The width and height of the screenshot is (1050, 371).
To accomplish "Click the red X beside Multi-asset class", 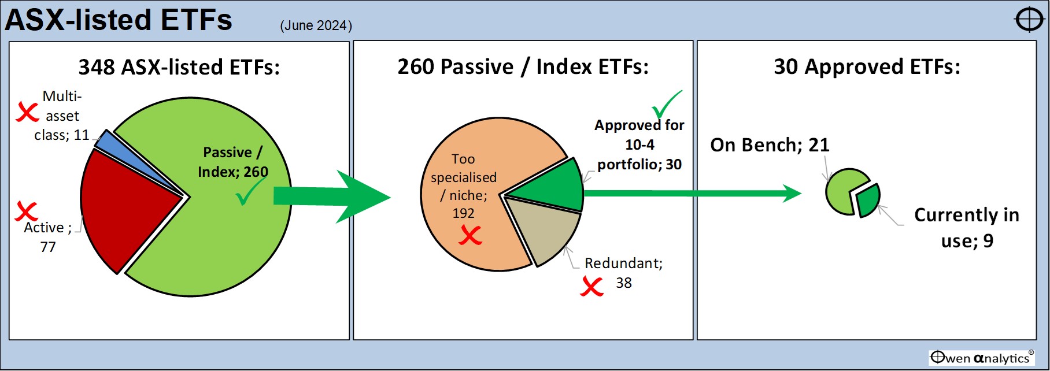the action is (x=27, y=112).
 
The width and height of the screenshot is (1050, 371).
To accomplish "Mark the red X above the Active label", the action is (x=26, y=211).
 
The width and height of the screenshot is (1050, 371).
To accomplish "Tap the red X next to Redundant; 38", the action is (x=591, y=286).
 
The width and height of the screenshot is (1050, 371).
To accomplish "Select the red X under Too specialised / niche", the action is (x=470, y=235).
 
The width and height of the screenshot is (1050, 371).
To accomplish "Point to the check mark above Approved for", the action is (x=667, y=105).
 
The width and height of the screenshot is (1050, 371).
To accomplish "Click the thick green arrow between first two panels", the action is (x=332, y=196).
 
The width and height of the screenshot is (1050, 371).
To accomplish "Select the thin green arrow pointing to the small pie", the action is (x=693, y=193).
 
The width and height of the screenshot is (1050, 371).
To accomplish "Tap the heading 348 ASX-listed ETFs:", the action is (x=179, y=67).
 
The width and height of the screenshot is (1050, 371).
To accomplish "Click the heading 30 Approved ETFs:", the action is (x=867, y=66).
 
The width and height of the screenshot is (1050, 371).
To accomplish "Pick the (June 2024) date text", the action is (x=316, y=25).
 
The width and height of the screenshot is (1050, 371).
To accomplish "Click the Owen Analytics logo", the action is (x=982, y=358).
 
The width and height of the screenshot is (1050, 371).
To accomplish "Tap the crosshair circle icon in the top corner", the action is (x=1029, y=20).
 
